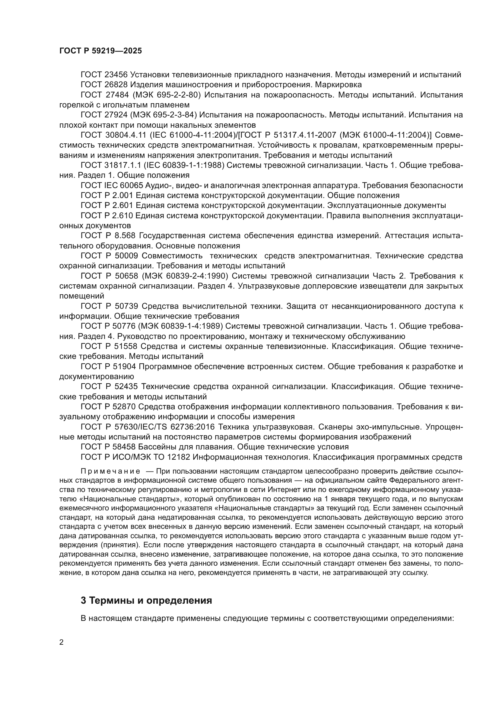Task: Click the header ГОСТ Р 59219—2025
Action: pyautogui.click(x=100, y=51)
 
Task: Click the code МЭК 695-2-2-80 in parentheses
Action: pyautogui.click(x=166, y=95)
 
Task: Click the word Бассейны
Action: pyautogui.click(x=156, y=447)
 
